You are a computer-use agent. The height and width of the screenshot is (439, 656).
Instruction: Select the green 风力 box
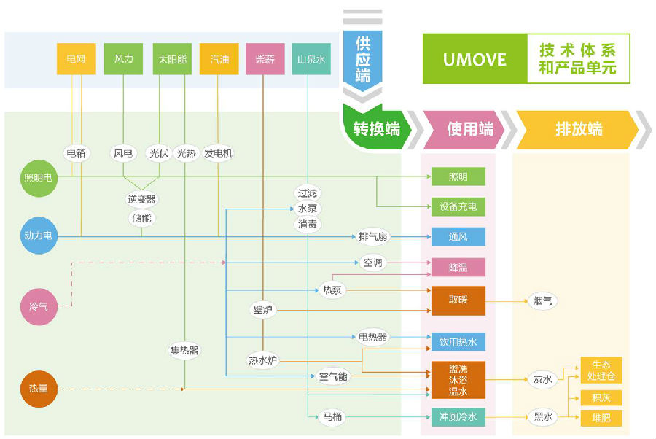coord(123,59)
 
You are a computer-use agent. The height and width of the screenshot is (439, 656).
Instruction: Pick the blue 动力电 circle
coord(39,236)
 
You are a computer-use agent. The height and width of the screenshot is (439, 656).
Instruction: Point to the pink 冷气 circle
coord(39,306)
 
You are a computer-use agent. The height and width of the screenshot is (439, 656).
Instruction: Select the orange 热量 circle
coord(39,389)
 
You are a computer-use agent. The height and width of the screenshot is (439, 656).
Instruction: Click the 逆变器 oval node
coord(141,199)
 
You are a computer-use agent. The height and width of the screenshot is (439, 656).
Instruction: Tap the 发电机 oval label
coord(218,153)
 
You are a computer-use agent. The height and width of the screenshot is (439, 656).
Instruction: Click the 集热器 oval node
coord(184,350)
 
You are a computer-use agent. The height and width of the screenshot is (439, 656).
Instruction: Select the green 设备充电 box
coord(457,206)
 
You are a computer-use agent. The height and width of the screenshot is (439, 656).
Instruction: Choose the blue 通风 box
coord(457,237)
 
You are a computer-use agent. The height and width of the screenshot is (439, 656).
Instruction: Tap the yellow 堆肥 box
coord(601,418)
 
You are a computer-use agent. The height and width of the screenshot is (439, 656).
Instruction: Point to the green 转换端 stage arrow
coord(376,130)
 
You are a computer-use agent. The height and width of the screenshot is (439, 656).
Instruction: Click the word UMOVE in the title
coord(475,59)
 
